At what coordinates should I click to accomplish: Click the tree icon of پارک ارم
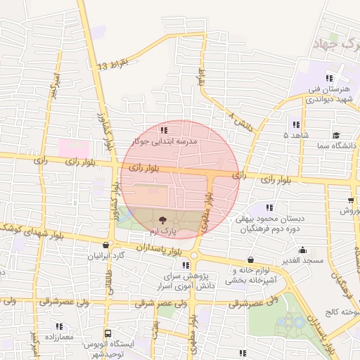[x=164, y=220]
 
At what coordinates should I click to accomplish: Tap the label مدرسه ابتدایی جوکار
[x=167, y=141]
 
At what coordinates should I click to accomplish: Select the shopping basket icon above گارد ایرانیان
[x=105, y=245]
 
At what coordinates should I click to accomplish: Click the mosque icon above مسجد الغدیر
[x=303, y=249]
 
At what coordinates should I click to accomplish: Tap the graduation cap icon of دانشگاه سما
[x=336, y=135]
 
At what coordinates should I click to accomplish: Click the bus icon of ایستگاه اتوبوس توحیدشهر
[x=108, y=333]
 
